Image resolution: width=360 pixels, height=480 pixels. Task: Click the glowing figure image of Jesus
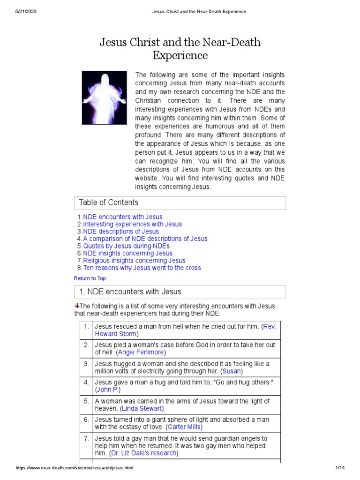pyautogui.click(x=104, y=97)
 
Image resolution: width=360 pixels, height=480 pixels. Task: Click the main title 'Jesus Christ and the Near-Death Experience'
pyautogui.click(x=180, y=49)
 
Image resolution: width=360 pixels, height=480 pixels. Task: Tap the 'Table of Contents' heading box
pyautogui.click(x=180, y=202)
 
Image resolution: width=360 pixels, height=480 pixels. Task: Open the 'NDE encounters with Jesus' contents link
pyautogui.click(x=123, y=217)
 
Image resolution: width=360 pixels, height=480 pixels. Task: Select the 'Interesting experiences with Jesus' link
pyautogui.click(x=132, y=224)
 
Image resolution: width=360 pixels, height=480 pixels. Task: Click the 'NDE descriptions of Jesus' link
pyautogui.click(x=121, y=232)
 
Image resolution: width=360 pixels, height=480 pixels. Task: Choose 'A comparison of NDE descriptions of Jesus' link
pyautogui.click(x=145, y=239)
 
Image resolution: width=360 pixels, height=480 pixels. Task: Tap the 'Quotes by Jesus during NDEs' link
pyautogui.click(x=126, y=246)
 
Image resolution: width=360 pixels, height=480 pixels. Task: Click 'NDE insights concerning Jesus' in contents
pyautogui.click(x=127, y=253)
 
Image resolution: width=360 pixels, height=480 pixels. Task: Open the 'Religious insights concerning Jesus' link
pyautogui.click(x=134, y=261)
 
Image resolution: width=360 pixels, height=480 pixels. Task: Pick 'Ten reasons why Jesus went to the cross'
pyautogui.click(x=142, y=268)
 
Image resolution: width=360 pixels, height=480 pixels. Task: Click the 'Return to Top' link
pyautogui.click(x=90, y=278)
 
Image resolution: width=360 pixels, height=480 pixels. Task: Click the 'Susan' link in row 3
pyautogui.click(x=232, y=371)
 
